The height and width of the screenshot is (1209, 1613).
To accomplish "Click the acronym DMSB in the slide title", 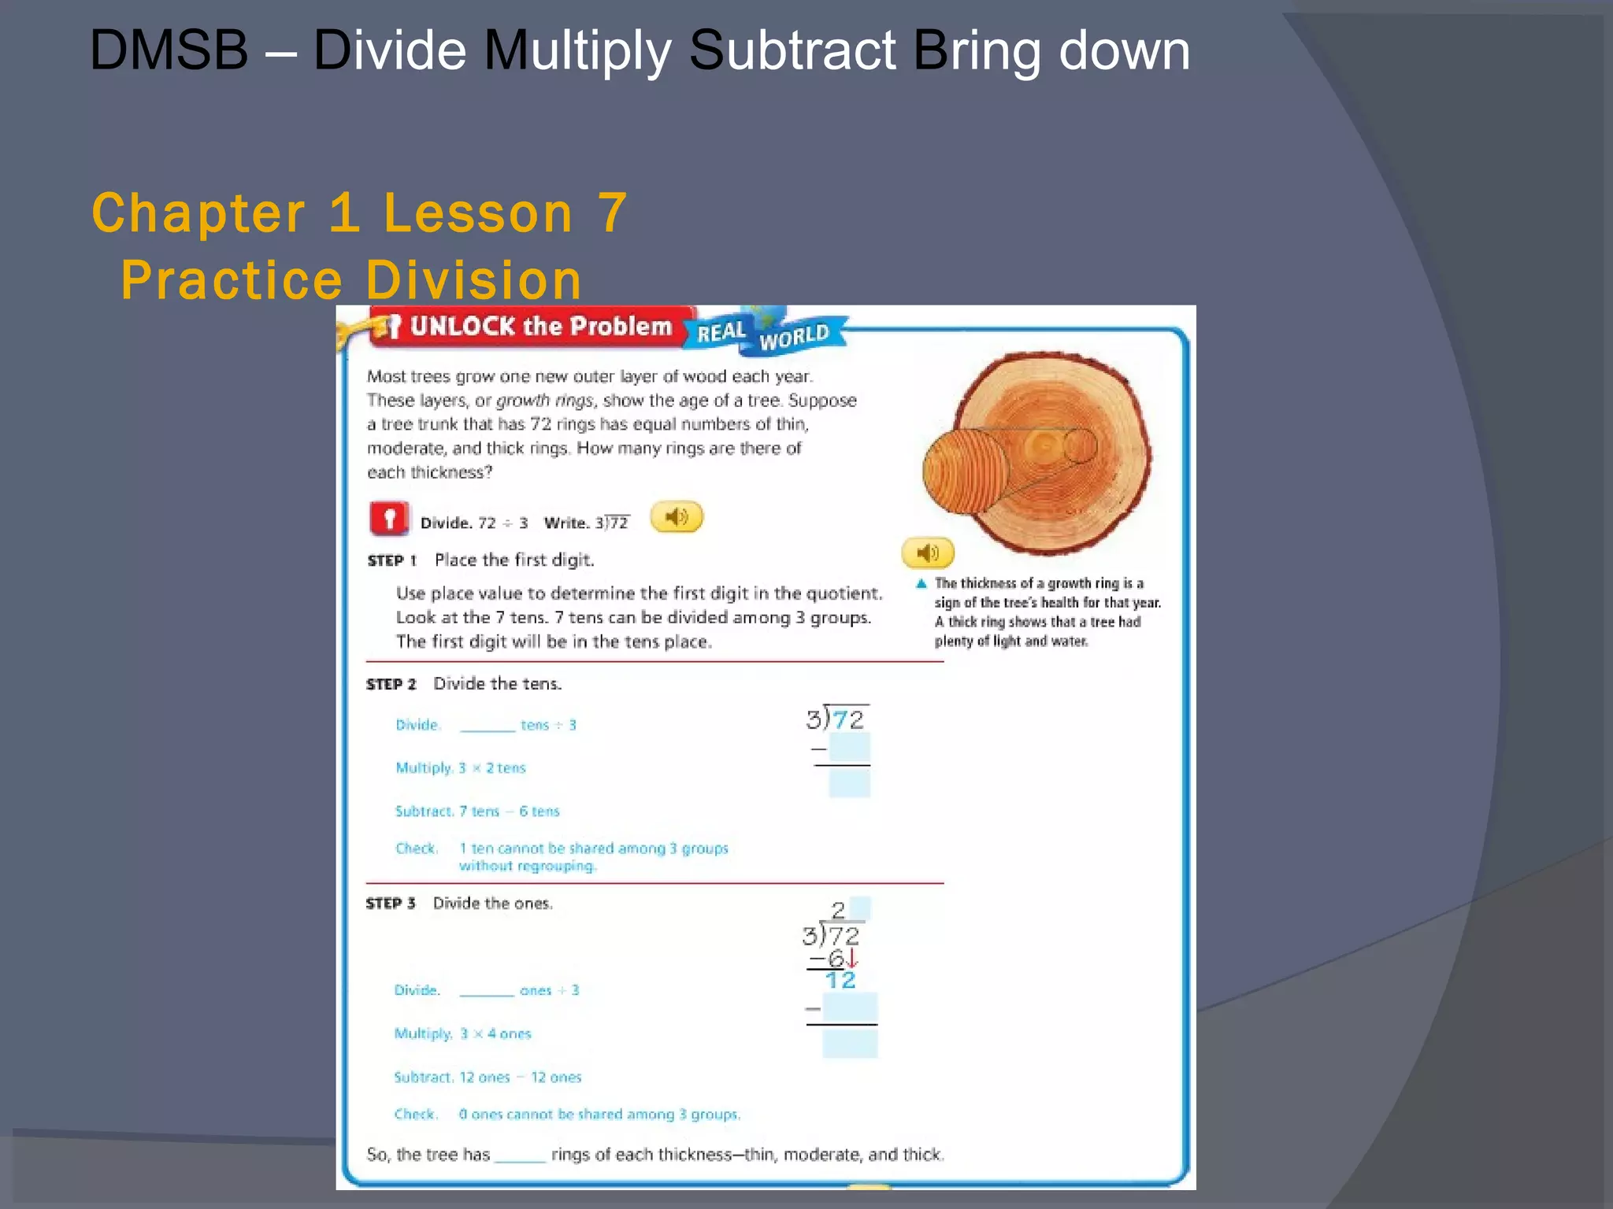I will coord(169,51).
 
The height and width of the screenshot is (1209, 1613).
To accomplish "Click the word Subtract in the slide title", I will coord(792,51).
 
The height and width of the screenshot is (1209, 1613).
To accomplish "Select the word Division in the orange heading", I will coord(473,280).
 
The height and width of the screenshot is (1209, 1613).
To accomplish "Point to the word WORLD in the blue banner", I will coord(794,337).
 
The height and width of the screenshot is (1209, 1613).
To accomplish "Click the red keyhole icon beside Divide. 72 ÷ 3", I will coord(388,519).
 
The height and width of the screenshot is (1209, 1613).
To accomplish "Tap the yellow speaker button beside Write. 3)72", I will coord(676,517).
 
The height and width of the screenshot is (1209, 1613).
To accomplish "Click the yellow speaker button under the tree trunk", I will coord(927,553).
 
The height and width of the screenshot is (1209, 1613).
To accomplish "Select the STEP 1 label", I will coord(391,560).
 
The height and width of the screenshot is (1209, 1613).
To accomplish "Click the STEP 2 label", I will coord(391,684).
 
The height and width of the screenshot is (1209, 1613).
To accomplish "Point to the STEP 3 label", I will coord(390,904).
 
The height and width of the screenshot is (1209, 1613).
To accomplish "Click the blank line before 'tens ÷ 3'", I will coord(487,726).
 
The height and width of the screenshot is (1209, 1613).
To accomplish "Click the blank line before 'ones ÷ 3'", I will coord(486,991).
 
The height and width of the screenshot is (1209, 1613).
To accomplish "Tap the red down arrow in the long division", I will coord(852,959).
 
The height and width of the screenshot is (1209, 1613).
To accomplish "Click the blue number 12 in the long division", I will coord(840,981).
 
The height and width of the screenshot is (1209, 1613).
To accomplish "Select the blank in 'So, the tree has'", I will coord(520,1155).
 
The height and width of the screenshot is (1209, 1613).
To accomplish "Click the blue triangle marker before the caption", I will coord(921,583).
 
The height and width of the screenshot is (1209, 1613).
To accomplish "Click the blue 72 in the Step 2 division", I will coord(847,719).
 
